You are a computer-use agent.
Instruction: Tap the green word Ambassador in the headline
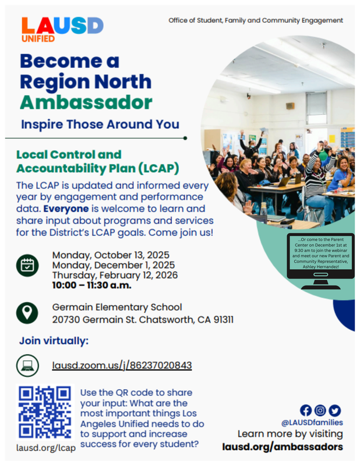(86, 103)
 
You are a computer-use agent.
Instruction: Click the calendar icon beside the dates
(27, 266)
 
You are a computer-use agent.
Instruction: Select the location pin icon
(27, 313)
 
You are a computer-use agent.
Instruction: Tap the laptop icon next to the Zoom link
(27, 365)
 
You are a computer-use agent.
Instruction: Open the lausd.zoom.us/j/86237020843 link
(122, 365)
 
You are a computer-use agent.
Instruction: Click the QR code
(45, 412)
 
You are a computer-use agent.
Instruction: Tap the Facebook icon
(306, 411)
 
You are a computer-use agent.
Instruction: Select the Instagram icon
(320, 411)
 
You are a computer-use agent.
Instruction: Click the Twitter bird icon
(335, 411)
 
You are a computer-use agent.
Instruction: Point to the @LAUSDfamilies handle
(312, 422)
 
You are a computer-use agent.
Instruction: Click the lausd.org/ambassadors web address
(283, 447)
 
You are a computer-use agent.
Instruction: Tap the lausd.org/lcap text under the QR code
(46, 448)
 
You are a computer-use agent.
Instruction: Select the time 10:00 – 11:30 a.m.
(92, 285)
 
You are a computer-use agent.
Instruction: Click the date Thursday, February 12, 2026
(115, 275)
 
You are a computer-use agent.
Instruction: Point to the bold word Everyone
(66, 209)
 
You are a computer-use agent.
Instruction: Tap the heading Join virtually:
(54, 341)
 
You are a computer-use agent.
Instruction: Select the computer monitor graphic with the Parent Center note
(321, 261)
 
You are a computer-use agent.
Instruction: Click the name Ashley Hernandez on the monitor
(321, 267)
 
